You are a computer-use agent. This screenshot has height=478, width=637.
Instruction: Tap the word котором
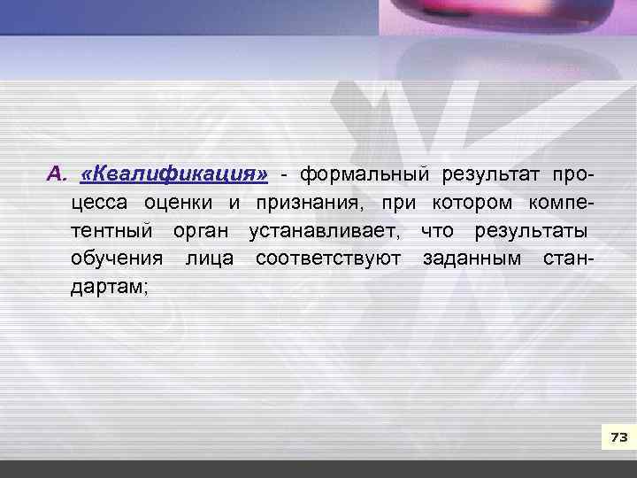pos(472,203)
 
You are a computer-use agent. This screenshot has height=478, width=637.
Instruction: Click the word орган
pos(201,231)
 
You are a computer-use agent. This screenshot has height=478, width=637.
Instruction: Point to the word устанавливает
pos(323,231)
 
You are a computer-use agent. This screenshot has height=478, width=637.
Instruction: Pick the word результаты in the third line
pos(530,231)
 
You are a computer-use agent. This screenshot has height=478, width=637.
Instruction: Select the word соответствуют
pos(327,259)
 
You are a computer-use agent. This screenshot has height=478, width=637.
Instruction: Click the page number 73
pos(618,437)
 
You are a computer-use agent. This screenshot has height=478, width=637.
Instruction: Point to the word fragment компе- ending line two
pos(560,203)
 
